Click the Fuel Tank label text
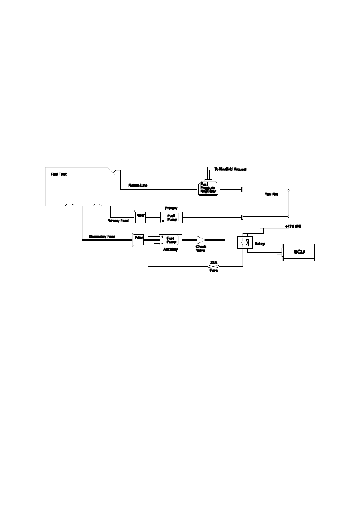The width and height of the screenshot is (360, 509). (59, 175)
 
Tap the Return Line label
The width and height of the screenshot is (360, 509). (138, 185)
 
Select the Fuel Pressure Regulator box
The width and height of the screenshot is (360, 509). (208, 188)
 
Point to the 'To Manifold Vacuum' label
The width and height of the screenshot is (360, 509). (230, 169)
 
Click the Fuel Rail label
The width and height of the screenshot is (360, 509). (271, 194)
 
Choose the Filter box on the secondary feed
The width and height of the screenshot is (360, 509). (138, 239)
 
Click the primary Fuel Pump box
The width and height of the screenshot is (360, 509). (171, 218)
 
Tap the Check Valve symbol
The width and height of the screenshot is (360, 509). (201, 239)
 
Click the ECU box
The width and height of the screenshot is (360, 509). (299, 252)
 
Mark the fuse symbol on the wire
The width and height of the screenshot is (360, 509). (214, 267)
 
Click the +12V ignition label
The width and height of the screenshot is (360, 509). (293, 226)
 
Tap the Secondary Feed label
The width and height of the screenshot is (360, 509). (102, 236)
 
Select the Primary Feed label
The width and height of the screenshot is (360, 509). (118, 221)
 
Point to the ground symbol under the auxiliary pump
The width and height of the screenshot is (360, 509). (153, 258)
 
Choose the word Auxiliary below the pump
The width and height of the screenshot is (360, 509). (170, 250)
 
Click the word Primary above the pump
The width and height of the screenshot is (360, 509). (171, 208)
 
